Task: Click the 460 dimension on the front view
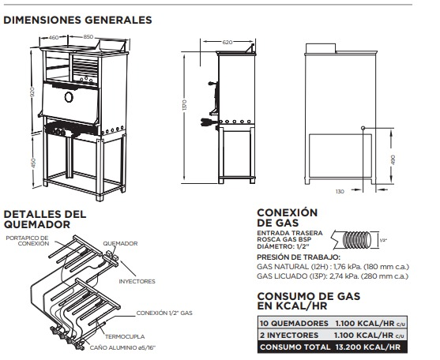point(54,37)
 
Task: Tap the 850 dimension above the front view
point(88,37)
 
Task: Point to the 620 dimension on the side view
point(228,41)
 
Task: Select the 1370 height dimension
point(184,106)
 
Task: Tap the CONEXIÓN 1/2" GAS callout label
point(164,313)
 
